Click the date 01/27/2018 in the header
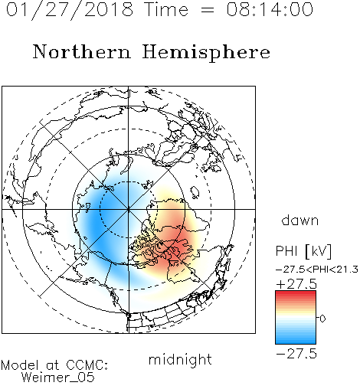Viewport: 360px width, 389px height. [x=70, y=10]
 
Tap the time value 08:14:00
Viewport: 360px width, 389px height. [x=270, y=9]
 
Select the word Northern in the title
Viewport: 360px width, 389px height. [x=82, y=51]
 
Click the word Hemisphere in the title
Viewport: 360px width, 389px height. [x=206, y=53]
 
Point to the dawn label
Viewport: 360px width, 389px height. [x=300, y=221]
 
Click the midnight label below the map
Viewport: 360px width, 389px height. [x=180, y=360]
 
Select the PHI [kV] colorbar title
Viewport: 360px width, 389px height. [x=303, y=251]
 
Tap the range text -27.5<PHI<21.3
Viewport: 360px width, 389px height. [x=317, y=270]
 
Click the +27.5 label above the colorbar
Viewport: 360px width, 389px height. [x=296, y=284]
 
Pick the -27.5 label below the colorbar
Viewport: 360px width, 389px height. [x=296, y=354]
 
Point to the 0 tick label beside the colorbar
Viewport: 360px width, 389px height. [x=322, y=319]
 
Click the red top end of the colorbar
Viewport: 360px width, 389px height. [x=296, y=293]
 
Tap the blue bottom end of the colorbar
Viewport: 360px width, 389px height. [x=296, y=342]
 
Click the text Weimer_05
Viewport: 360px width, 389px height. [x=58, y=378]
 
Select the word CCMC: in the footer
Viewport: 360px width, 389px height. [x=87, y=365]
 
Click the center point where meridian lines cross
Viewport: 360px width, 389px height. [x=129, y=209]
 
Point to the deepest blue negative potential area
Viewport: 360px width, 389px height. [x=93, y=222]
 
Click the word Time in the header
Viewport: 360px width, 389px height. [x=166, y=9]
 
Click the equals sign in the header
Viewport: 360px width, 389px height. [x=207, y=11]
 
